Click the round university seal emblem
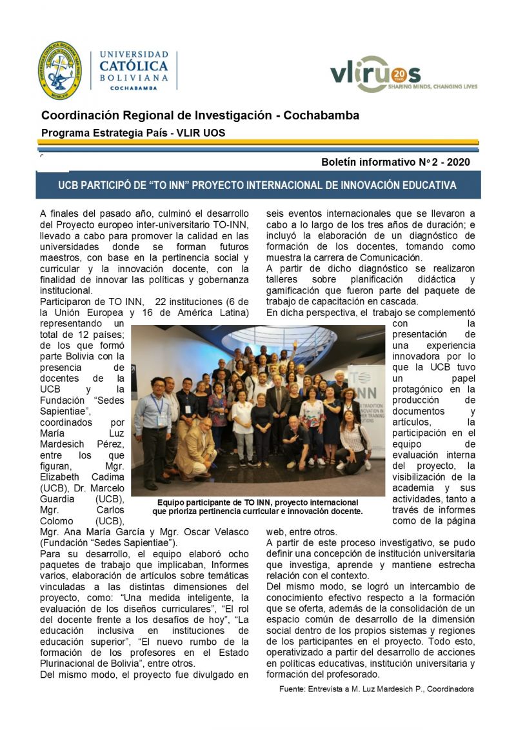pyautogui.click(x=59, y=70)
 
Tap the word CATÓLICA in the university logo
pyautogui.click(x=134, y=66)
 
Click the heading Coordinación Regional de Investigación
pyautogui.click(x=200, y=115)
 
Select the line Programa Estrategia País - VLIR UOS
pyautogui.click(x=133, y=133)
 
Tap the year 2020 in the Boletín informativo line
pyautogui.click(x=457, y=163)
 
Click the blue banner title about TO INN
pyautogui.click(x=257, y=185)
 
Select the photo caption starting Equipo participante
pyautogui.click(x=258, y=506)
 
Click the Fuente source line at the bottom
pyautogui.click(x=376, y=689)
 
